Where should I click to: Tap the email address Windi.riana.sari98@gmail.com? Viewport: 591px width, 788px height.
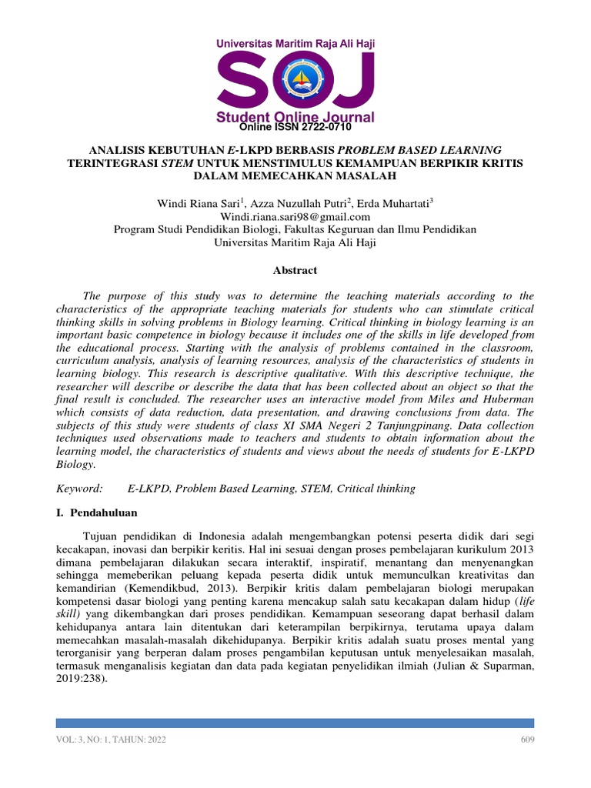coord(295,217)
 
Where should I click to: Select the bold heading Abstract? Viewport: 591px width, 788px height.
coord(295,270)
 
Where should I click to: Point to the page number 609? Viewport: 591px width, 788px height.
coord(526,740)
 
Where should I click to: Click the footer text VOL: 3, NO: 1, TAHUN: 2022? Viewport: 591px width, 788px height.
coord(111,740)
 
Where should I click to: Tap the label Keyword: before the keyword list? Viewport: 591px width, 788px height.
coord(78,488)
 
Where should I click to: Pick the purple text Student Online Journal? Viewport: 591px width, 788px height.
coord(295,117)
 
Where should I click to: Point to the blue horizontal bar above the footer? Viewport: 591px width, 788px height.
coord(295,723)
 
